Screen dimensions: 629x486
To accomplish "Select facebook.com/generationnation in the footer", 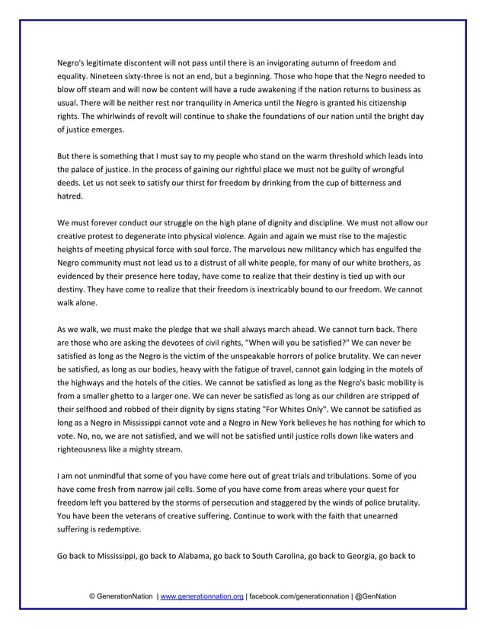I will click(x=299, y=596).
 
